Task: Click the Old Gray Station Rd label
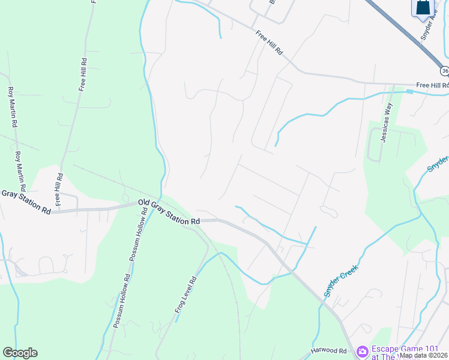(x=169, y=212)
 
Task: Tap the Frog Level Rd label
(x=185, y=295)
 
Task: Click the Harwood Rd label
(x=329, y=350)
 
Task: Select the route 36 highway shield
(x=444, y=71)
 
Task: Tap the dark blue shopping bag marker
(x=423, y=7)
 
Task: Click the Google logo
(x=20, y=353)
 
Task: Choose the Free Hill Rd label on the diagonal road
(x=268, y=43)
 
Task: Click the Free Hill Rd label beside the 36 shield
(x=432, y=85)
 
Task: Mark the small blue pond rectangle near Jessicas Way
(x=410, y=92)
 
